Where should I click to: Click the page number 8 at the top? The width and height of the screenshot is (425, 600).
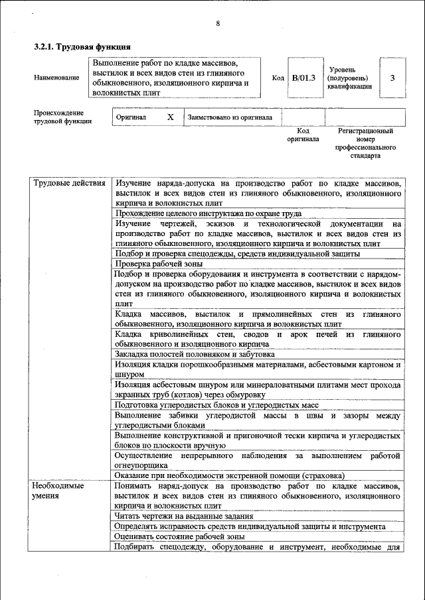point(217,25)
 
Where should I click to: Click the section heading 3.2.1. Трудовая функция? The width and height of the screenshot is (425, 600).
point(82,47)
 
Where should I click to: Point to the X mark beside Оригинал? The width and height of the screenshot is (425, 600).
point(170,117)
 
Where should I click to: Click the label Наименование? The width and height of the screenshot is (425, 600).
point(56,78)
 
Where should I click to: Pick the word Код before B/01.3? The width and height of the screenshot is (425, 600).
point(278,78)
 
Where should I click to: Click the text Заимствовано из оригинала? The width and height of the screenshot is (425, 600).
point(230,118)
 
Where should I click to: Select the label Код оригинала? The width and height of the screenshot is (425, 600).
point(303,135)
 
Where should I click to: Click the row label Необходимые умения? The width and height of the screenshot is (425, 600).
point(58,491)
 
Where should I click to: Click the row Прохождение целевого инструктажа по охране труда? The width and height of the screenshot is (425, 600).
point(209,213)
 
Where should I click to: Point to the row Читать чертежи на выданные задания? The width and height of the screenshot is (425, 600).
point(183,516)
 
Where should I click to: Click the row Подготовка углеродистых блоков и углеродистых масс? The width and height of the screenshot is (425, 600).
point(217,404)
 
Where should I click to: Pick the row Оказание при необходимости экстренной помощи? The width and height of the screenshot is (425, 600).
point(230,475)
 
